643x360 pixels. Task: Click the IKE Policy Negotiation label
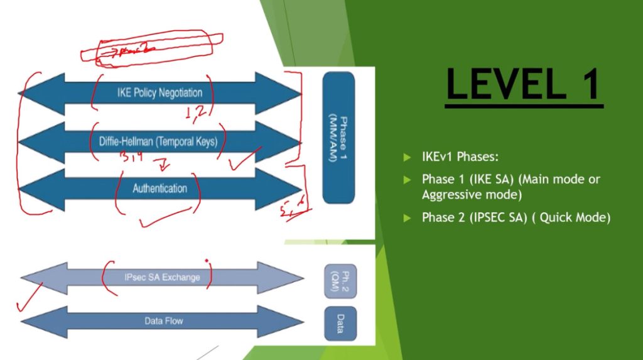159,93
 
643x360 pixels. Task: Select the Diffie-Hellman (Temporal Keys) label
158,141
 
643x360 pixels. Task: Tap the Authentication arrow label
159,188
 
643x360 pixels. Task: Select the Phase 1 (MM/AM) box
339,137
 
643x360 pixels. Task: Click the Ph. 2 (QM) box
340,277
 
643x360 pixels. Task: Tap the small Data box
340,323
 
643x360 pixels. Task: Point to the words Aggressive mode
472,195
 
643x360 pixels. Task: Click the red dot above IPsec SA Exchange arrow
206,259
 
